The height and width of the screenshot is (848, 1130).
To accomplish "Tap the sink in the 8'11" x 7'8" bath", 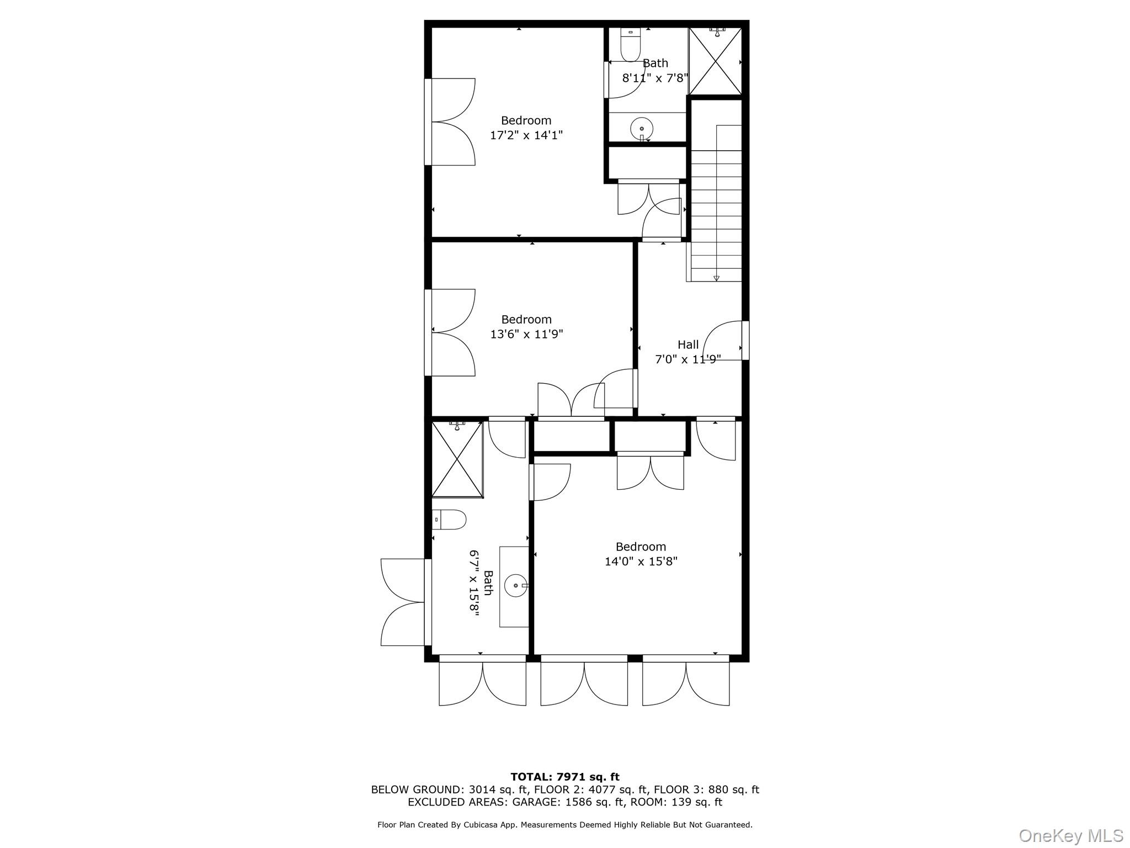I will click(642, 129).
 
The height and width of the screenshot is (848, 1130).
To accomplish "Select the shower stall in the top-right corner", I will click(716, 61).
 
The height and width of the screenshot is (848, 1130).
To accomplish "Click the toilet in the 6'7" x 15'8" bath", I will click(449, 520).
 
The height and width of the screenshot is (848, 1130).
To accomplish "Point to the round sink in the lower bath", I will click(515, 585).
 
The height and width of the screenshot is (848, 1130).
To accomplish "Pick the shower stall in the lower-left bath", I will click(457, 459).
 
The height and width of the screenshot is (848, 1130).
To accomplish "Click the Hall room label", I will click(688, 344).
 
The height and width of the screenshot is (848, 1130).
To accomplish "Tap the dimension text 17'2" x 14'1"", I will click(526, 135).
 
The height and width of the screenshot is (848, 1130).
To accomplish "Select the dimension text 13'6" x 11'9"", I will click(526, 334).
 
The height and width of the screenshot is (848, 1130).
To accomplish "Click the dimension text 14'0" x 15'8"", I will click(641, 561).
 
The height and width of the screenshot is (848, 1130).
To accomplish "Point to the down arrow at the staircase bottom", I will click(716, 278).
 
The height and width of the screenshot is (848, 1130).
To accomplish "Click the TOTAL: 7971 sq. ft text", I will click(564, 777).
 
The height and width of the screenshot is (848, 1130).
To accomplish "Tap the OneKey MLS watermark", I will click(1070, 835).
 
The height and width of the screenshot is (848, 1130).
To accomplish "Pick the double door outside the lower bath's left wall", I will click(403, 602).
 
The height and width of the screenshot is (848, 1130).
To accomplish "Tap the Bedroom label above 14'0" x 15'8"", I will click(641, 547).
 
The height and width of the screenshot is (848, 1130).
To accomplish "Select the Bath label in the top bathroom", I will click(655, 63).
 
